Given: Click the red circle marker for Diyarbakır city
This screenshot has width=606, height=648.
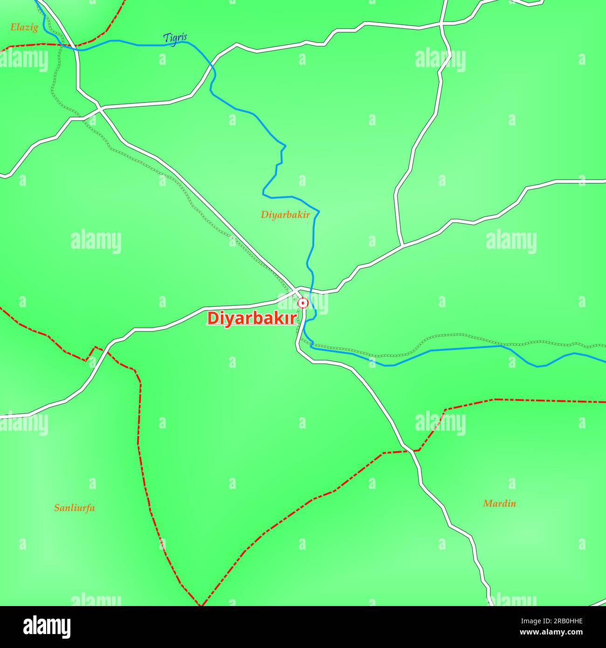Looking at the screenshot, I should pos(303,303).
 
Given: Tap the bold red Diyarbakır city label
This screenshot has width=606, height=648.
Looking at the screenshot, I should pos(252,318).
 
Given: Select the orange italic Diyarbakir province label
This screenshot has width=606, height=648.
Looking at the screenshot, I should pos(285,215).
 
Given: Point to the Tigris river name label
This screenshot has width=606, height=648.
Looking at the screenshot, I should pos(175,39).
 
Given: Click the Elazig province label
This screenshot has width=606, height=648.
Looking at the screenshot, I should pos(24,28).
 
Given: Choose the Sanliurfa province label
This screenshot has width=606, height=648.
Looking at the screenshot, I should pos(75,508).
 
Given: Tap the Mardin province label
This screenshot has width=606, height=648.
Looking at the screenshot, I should pos(499,503).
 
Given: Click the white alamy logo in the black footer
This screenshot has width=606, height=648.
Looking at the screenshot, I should pos(47,627).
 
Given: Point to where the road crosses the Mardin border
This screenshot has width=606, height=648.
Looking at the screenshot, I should pos(413,451).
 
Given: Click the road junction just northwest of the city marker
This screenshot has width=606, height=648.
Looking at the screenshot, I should pos(295,290).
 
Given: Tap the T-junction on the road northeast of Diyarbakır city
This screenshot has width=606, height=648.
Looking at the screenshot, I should pos(402,245).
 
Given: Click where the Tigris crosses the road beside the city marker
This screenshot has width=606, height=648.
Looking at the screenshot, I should pos(311,292).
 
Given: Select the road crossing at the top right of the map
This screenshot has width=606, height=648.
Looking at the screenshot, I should pos(442,23).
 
